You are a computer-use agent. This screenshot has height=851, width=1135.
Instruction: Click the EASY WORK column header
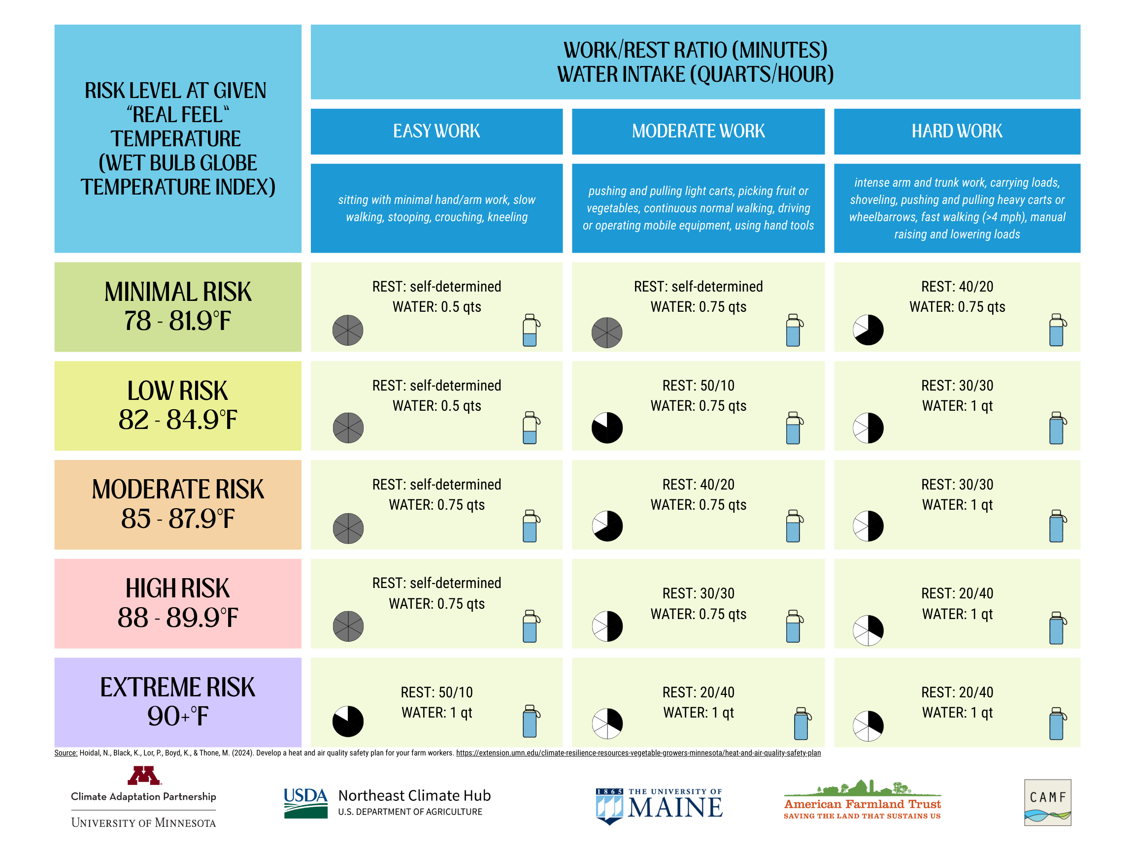(436, 131)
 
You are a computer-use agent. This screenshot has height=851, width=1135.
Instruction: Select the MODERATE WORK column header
(698, 131)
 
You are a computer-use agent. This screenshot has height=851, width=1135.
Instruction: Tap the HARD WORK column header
(957, 131)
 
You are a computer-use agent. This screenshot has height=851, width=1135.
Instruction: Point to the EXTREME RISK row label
(177, 687)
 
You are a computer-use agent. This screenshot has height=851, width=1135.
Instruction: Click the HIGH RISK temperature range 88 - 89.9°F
(177, 618)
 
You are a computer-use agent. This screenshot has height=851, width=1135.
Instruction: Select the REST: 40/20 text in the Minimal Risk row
(957, 287)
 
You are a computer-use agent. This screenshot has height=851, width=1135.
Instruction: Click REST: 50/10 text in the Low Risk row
(698, 386)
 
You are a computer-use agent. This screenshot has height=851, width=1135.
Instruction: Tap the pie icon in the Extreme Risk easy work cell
(348, 721)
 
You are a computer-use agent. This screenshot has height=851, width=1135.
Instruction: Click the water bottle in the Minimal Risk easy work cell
(530, 330)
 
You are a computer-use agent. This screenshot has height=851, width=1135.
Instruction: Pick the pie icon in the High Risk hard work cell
(868, 630)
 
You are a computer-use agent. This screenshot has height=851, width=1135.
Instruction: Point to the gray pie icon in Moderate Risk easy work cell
(348, 528)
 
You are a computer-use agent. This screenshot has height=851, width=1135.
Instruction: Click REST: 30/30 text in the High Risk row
(698, 593)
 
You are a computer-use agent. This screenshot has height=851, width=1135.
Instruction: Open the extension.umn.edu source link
(638, 753)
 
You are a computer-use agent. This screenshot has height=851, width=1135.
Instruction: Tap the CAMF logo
(1047, 802)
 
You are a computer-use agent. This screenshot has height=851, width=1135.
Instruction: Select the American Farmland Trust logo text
(862, 804)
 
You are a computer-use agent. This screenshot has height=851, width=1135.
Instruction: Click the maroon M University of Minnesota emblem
(144, 776)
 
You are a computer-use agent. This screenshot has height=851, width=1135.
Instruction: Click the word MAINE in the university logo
(675, 809)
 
